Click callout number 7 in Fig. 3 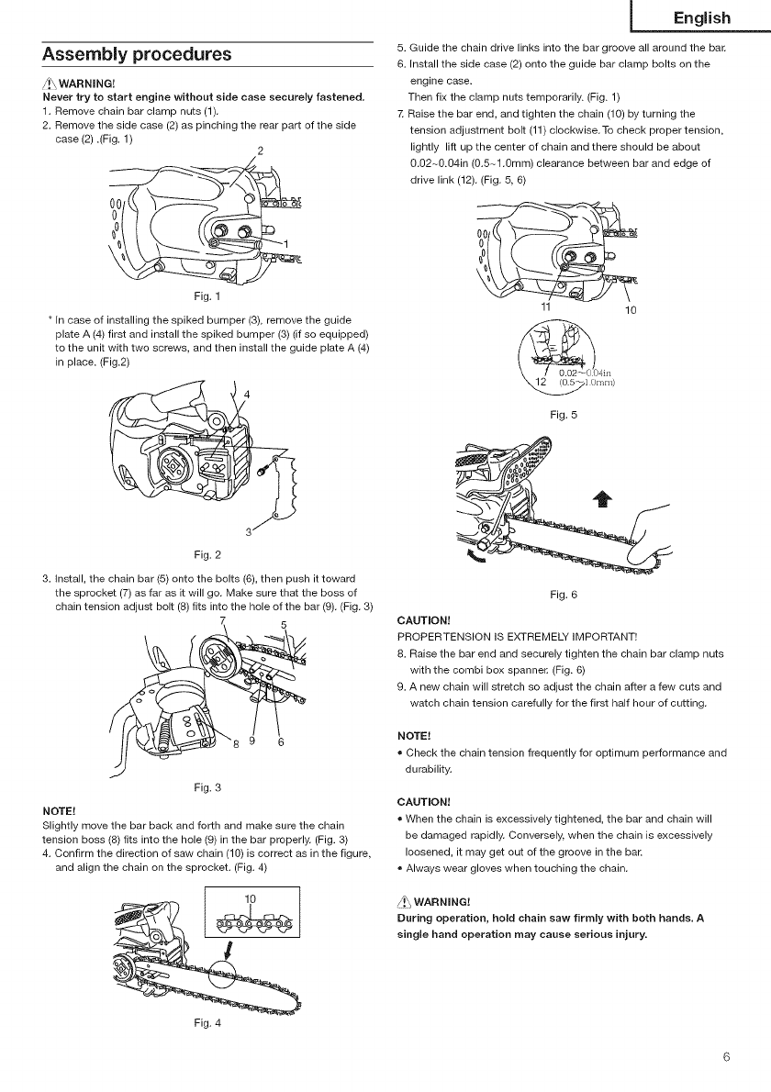point(221,620)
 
